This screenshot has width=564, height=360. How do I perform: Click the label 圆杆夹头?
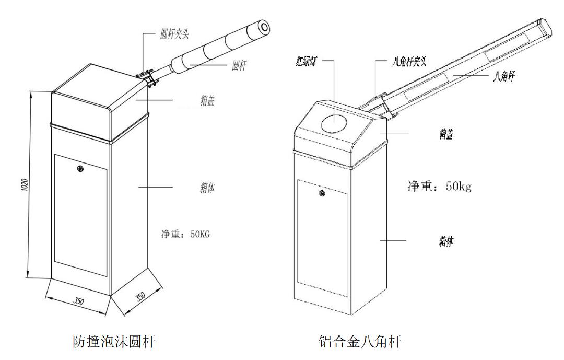coord(174,34)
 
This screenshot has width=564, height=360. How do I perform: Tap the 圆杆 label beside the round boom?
coord(239,65)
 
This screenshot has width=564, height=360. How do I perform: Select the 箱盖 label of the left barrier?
coord(207,100)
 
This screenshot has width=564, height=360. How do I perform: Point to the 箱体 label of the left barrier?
coord(207,188)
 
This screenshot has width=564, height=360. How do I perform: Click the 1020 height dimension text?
coord(24,185)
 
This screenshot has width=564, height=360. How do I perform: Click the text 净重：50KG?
coord(185,235)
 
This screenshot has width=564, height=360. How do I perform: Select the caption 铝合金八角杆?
coord(360,341)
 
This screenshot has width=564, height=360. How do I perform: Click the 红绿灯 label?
coord(305,62)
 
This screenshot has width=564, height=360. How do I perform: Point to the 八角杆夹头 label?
coord(409,62)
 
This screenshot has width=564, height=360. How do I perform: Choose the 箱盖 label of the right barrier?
coord(446,134)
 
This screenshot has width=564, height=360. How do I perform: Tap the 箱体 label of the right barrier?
coord(446,241)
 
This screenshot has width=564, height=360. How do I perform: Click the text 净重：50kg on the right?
coord(440,186)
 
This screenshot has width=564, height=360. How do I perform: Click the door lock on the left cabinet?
coord(80,168)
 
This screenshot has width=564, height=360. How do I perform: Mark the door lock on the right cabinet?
coord(322,193)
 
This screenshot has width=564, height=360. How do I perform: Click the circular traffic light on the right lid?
coord(335,123)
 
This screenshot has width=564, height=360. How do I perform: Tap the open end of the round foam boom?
coord(264,28)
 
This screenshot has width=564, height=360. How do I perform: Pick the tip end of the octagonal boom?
coord(545,27)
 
